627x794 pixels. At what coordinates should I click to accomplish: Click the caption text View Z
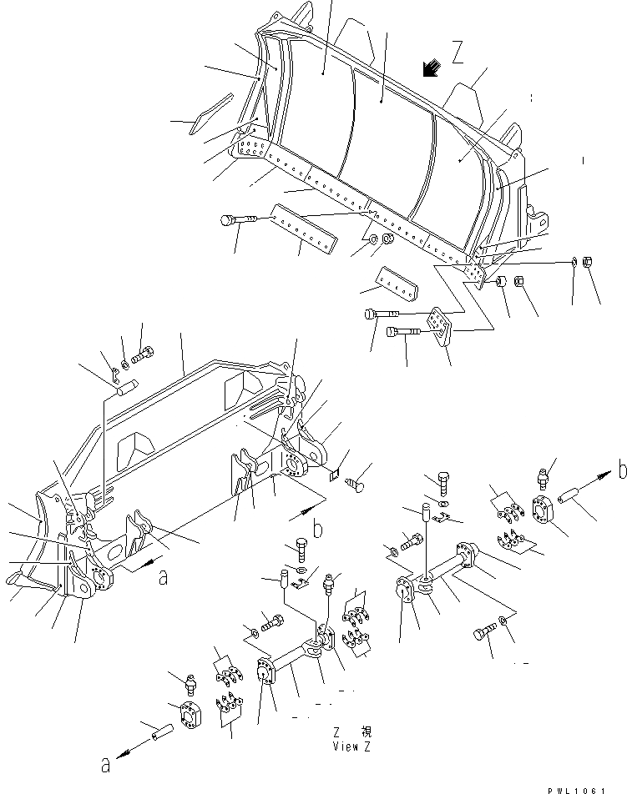pyautogui.click(x=351, y=746)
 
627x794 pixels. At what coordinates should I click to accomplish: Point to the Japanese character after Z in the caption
pyautogui.click(x=365, y=731)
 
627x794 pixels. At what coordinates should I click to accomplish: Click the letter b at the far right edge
pyautogui.click(x=621, y=470)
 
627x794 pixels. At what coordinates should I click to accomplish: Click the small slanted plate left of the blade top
pyautogui.click(x=208, y=112)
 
